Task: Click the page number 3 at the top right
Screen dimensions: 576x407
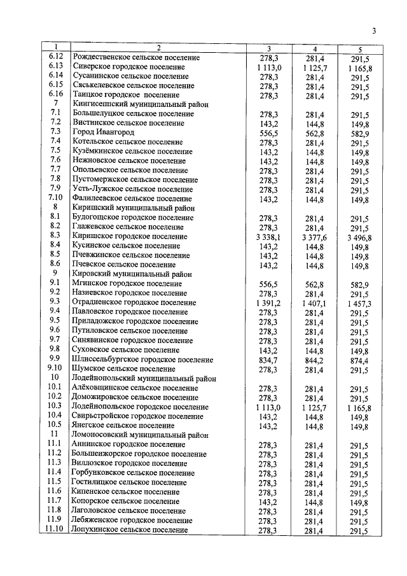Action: click(x=374, y=31)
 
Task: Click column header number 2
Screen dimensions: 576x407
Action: click(x=159, y=48)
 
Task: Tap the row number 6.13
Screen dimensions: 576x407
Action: click(x=55, y=66)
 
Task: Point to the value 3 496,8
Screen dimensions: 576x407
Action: click(x=359, y=237)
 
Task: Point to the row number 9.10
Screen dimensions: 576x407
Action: click(x=55, y=368)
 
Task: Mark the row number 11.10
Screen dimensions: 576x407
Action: click(x=55, y=530)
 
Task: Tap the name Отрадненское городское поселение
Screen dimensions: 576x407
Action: click(x=135, y=302)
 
